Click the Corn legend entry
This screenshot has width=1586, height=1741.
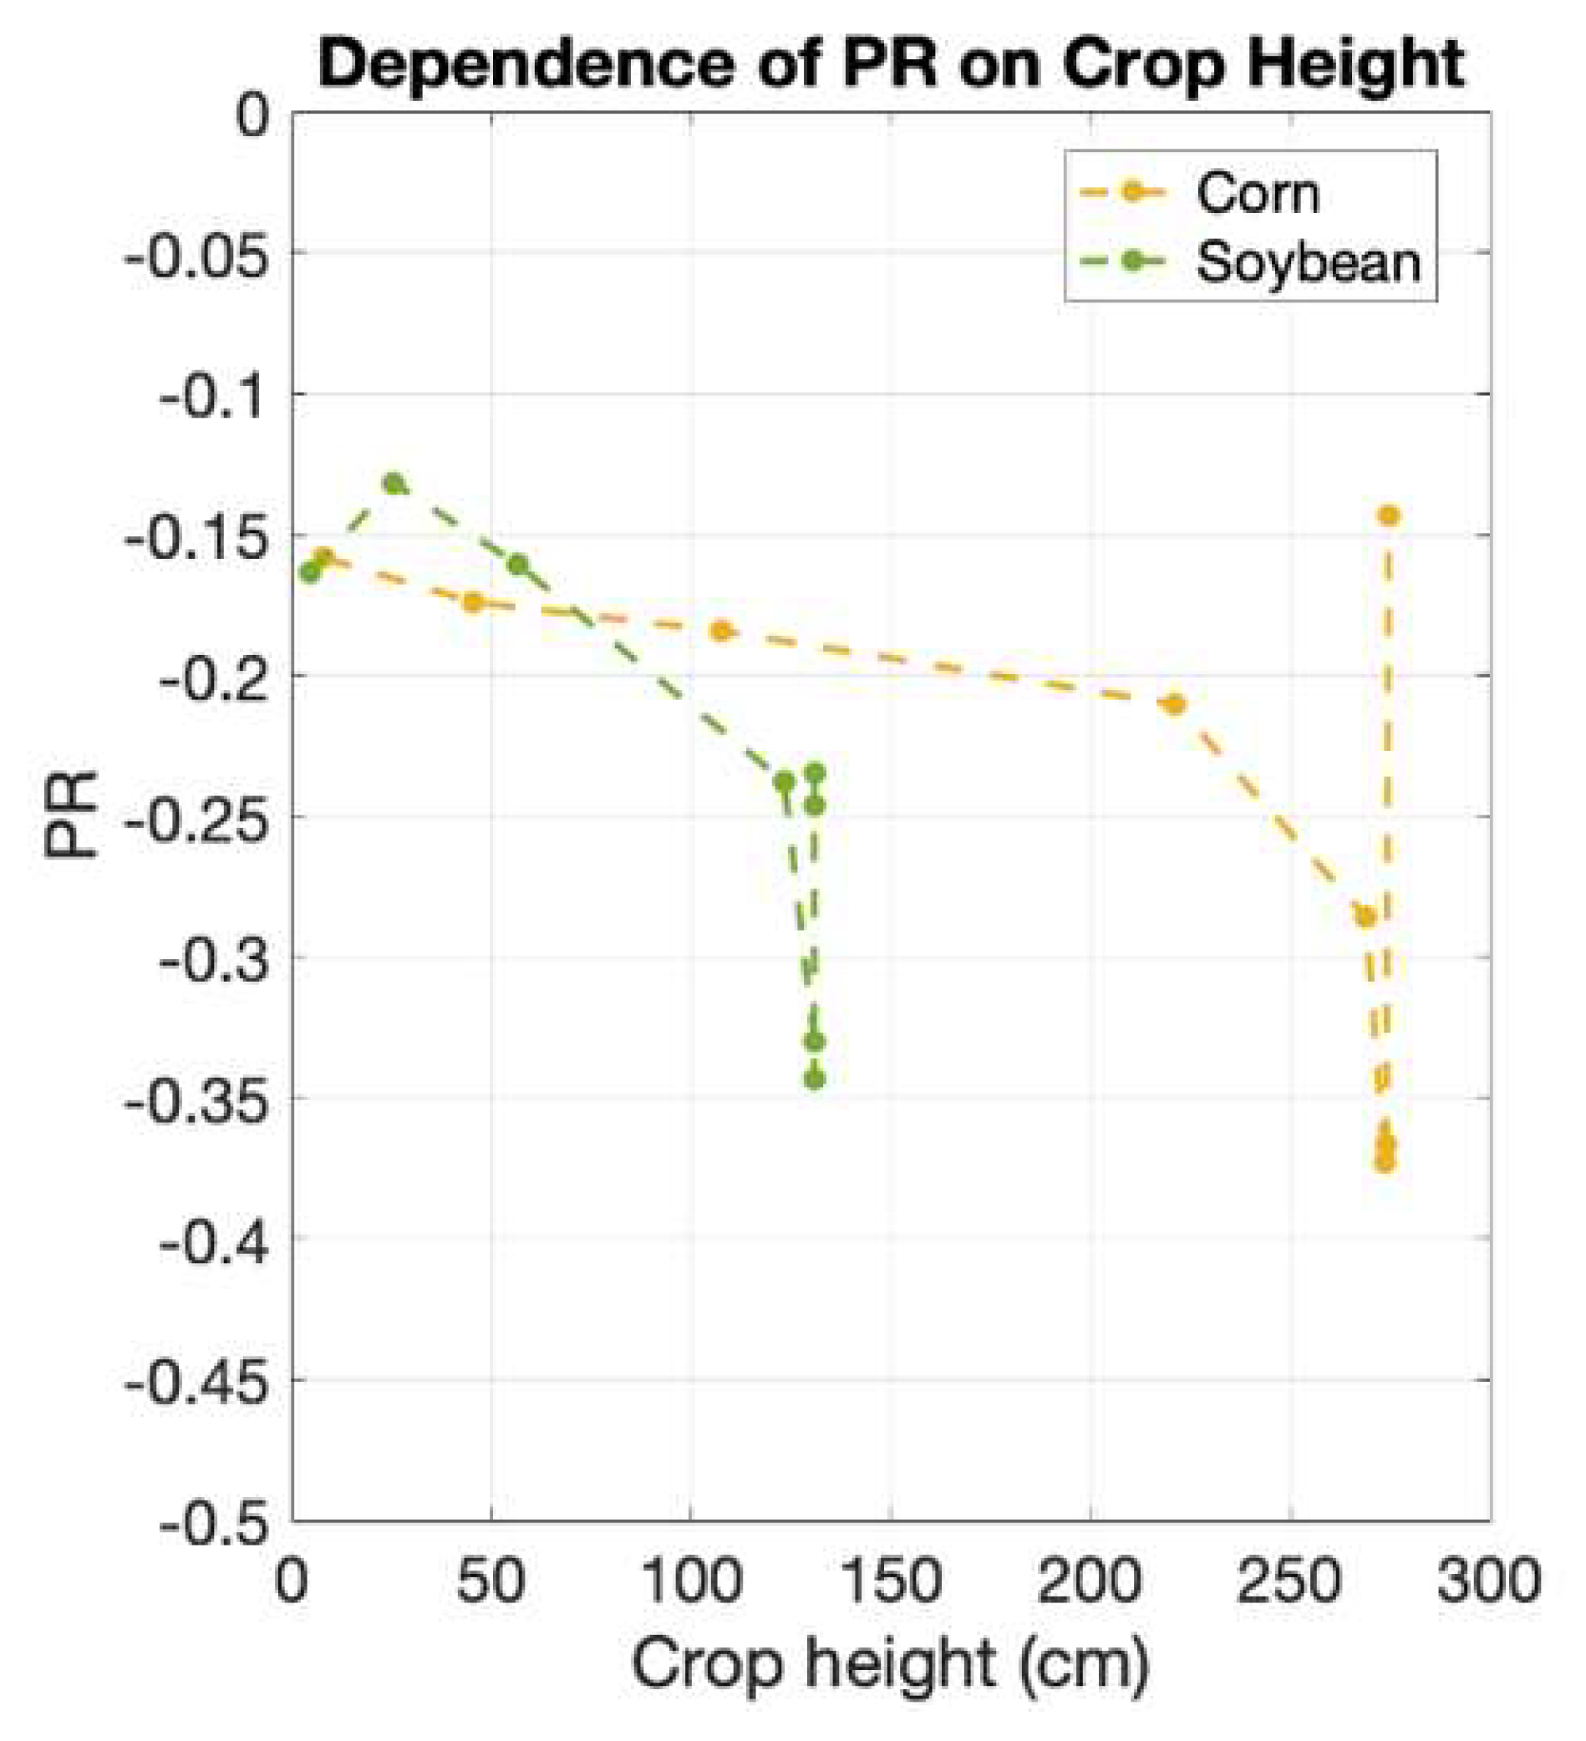[x=1257, y=194]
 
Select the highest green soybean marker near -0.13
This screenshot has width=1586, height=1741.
[x=394, y=484]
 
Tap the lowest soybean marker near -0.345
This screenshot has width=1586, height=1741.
[x=815, y=1079]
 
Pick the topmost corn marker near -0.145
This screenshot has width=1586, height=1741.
[x=1389, y=515]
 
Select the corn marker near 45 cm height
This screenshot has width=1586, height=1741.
[x=472, y=602]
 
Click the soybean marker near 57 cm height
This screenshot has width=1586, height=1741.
[x=518, y=565]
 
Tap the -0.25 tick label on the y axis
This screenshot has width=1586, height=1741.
[x=197, y=818]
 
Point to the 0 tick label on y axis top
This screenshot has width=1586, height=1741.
[x=253, y=114]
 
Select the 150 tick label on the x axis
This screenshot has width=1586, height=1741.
[x=891, y=1581]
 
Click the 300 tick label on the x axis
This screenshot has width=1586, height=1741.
[x=1488, y=1581]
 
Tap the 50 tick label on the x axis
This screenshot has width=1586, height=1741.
[x=491, y=1581]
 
